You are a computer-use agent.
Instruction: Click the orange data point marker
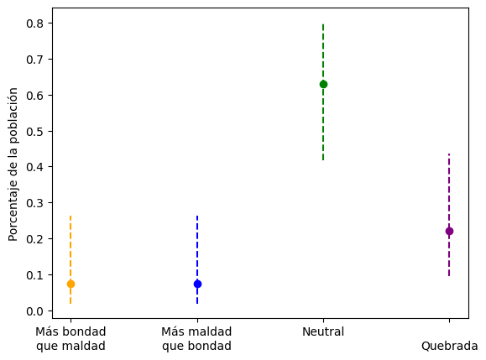[71, 284]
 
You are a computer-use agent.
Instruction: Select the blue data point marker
[197, 284]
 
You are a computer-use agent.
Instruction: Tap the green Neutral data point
[323, 84]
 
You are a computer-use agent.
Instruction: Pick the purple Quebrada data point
[449, 231]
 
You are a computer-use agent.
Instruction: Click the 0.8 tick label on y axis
[34, 23]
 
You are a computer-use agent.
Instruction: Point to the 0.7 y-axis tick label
[34, 60]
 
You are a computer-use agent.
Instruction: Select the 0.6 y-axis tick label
[34, 96]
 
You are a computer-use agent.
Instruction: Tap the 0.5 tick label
[34, 132]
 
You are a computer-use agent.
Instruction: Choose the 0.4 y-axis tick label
[34, 167]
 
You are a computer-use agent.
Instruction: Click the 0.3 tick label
[34, 203]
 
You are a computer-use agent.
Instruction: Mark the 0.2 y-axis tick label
[34, 239]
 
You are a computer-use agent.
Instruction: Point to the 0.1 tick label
[34, 275]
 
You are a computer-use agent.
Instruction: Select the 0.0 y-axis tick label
[34, 311]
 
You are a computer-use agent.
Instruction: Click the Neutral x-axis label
[323, 331]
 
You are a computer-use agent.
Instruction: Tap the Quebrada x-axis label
[449, 346]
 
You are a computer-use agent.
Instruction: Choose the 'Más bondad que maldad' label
[71, 339]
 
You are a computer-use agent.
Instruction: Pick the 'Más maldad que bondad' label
[196, 339]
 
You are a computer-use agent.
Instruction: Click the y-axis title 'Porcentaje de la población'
[13, 164]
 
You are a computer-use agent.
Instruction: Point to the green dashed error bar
[323, 92]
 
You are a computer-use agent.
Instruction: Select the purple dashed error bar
[449, 215]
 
